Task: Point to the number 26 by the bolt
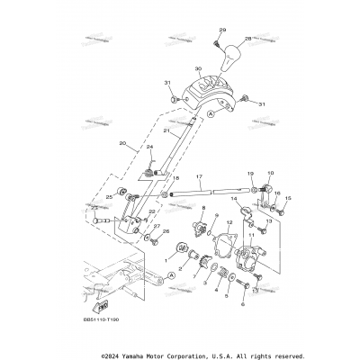[165, 232]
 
